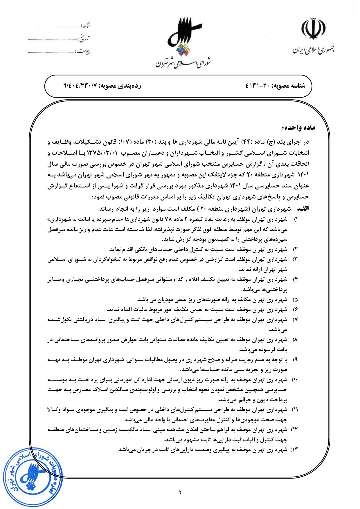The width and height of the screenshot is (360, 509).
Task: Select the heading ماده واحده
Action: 298,128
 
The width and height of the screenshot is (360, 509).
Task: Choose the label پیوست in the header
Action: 84,52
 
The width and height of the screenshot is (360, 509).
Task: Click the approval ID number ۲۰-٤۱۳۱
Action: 258,86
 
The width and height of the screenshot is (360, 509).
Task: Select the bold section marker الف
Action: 303,209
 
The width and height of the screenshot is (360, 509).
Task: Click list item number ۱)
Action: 296,219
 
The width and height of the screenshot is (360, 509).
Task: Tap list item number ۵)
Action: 295,299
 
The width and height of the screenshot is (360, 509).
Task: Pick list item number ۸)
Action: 295,340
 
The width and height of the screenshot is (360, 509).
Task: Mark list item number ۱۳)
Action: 294,450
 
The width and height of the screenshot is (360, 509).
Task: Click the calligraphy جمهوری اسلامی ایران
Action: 313,50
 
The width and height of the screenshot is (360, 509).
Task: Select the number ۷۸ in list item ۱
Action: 168,219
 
